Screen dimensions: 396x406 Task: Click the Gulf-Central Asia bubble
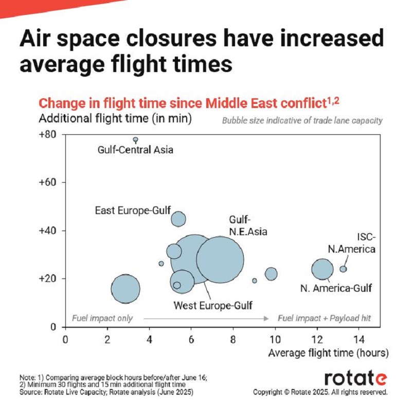click(135, 139)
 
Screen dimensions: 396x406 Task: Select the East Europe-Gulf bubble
click(178, 219)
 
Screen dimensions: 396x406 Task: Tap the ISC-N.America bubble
click(343, 269)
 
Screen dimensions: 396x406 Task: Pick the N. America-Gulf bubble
click(322, 269)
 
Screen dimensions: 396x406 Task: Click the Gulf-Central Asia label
click(135, 150)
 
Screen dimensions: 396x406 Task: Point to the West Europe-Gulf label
click(213, 306)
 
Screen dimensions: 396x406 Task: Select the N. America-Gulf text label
click(336, 288)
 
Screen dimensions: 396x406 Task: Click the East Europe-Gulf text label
click(133, 210)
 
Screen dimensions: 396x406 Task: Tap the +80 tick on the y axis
click(47, 135)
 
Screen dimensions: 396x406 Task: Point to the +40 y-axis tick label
click(47, 231)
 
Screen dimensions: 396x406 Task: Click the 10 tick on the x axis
click(275, 340)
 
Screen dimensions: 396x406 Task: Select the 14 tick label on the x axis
click(359, 340)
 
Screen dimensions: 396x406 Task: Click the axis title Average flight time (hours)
click(329, 353)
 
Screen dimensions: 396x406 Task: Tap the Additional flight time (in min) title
click(115, 118)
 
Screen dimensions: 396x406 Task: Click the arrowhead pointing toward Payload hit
click(266, 319)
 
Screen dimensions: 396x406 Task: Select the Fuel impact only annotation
click(102, 318)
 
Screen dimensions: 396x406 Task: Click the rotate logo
click(355, 378)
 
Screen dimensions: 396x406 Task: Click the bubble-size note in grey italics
click(302, 120)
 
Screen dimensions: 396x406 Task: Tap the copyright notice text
click(320, 392)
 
